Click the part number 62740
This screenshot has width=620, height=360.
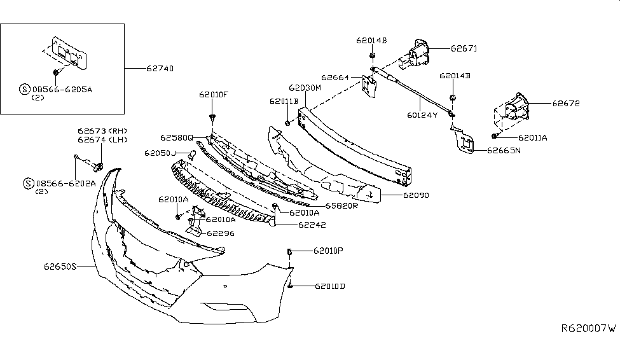pos(160,68)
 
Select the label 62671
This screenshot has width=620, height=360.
pos(464,48)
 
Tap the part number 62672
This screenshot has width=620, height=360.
pos(566,102)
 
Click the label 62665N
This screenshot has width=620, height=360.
pos(504,151)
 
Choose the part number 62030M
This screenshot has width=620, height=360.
pos(305,88)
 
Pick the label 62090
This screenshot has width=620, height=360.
pos(415,196)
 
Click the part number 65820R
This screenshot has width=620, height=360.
pos(342,206)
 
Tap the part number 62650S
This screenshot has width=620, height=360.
pos(60,266)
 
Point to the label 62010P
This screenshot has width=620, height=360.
pos(328,251)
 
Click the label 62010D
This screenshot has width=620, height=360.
pos(329,286)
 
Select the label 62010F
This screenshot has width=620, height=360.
pos(213,95)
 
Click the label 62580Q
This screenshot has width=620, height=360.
pos(177,137)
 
